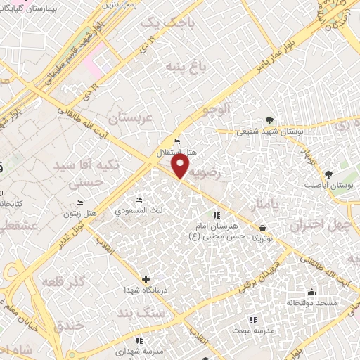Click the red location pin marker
coord(181,167)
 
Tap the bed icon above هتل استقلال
coord(176,141)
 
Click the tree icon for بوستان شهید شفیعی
coord(270,120)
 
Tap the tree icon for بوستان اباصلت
coord(328,174)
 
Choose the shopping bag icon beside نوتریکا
coord(263,228)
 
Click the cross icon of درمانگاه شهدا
coord(146,278)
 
